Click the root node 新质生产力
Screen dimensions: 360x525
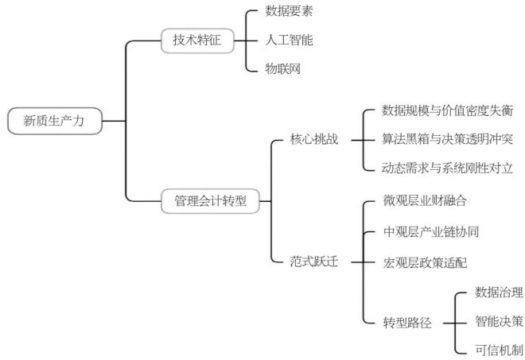[x=54, y=121]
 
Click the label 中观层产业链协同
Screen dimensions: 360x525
[x=430, y=231]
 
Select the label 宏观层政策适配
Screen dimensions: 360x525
[x=425, y=261]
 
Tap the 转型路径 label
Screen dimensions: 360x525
[x=407, y=323]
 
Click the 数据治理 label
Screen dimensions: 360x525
[x=499, y=292]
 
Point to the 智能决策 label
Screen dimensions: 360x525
[x=499, y=321]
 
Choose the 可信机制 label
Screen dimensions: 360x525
[x=499, y=350]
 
